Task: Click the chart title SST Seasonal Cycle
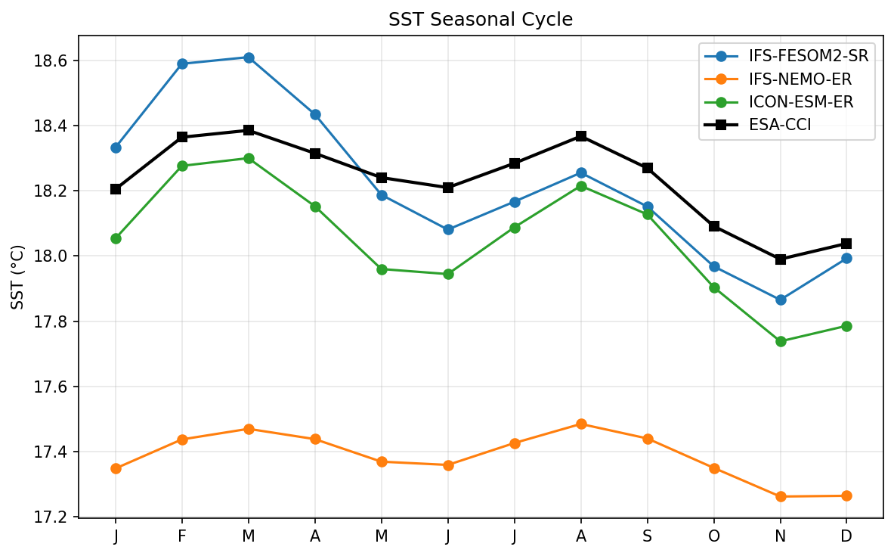[481, 20]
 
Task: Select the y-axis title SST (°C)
[18, 277]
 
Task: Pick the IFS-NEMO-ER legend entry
[798, 79]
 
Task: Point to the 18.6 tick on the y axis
[56, 61]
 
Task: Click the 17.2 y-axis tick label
[56, 517]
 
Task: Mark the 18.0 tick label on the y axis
[56, 256]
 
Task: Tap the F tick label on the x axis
[182, 536]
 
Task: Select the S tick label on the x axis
[648, 536]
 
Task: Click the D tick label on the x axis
[846, 536]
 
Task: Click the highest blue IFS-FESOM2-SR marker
[249, 57]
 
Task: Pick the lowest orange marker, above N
[781, 496]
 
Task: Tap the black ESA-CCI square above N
[781, 259]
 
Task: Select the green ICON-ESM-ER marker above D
[846, 326]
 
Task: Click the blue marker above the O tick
[714, 266]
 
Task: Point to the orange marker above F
[182, 440]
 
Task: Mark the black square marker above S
[648, 168]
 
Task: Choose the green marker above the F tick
[182, 166]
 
